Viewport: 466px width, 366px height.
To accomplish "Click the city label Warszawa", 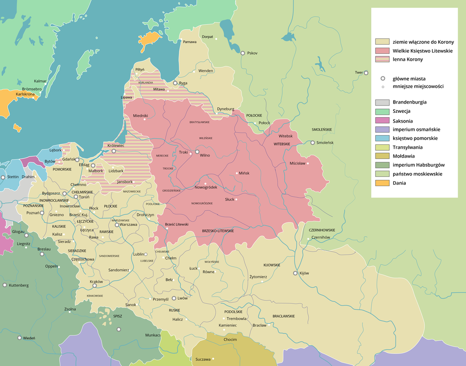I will [129, 225].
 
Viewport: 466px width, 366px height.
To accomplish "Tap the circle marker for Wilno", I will [197, 152].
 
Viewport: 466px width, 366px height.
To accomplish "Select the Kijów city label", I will [304, 273].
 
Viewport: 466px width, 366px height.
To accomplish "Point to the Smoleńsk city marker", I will [312, 143].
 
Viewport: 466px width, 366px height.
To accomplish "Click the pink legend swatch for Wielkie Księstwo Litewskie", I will [382, 51].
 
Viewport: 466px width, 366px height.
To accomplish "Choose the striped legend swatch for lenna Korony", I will [382, 59].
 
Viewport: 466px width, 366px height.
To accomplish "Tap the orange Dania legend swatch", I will [382, 183].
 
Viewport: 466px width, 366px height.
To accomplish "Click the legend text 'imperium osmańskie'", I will [416, 129].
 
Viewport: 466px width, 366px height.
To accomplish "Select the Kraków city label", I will [97, 281].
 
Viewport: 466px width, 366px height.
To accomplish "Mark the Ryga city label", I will [183, 83].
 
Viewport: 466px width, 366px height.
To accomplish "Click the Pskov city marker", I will [242, 53].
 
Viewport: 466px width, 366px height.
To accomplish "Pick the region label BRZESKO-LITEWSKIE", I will [218, 231].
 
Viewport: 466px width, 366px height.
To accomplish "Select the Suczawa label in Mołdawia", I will [203, 359].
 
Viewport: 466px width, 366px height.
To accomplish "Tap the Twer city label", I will [359, 73].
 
